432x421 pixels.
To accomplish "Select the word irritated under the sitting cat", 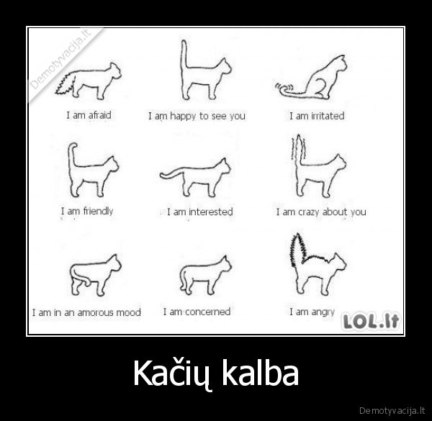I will (x=327, y=116).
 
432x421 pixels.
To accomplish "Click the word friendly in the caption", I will (x=98, y=211).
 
